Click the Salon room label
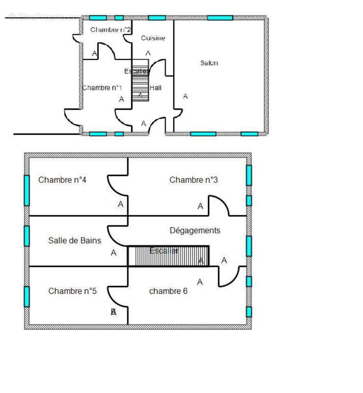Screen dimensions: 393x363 click(x=209, y=63)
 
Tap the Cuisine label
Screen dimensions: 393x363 click(x=153, y=38)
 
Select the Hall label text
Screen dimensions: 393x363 click(x=156, y=88)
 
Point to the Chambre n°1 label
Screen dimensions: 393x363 click(x=102, y=87)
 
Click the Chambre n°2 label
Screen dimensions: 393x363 click(x=111, y=29)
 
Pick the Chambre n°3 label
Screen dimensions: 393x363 click(x=194, y=180)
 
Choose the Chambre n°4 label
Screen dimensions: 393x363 click(x=62, y=180)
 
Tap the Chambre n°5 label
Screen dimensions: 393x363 click(x=72, y=291)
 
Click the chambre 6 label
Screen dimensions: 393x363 click(x=168, y=291)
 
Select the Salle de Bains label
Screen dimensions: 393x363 click(x=75, y=240)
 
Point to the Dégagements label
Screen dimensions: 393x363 click(x=195, y=230)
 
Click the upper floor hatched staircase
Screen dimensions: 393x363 click(x=168, y=256)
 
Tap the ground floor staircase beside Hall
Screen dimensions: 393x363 click(x=140, y=80)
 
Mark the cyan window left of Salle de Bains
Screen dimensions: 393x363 click(x=27, y=236)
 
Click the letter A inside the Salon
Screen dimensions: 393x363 click(x=185, y=96)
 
